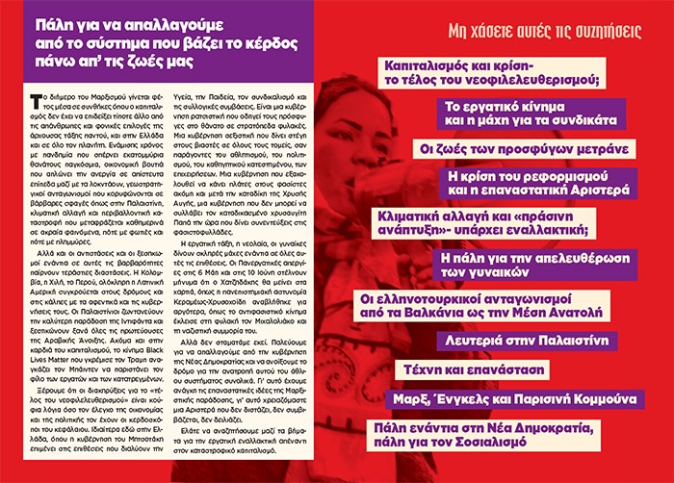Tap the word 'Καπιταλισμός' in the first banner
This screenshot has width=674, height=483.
pos(427,63)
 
